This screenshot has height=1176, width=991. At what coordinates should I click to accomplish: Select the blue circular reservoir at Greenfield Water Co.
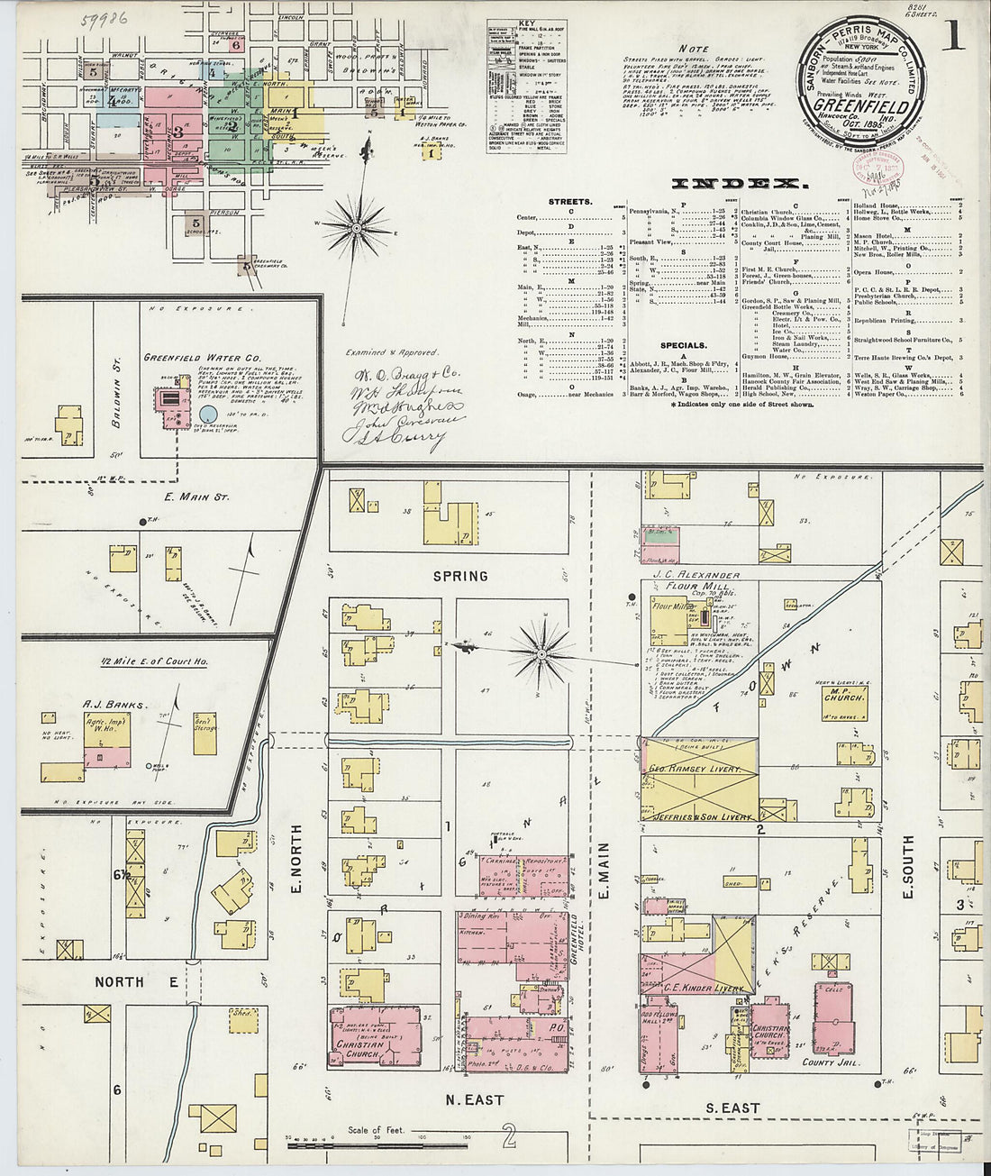[208, 415]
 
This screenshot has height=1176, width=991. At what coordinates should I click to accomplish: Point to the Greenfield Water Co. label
[190, 357]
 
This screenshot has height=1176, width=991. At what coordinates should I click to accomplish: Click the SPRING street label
[459, 576]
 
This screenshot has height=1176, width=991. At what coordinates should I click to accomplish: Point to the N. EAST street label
[472, 1099]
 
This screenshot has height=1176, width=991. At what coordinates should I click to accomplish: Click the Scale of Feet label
[377, 1129]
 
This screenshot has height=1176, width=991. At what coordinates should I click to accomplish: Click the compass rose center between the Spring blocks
[543, 650]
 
